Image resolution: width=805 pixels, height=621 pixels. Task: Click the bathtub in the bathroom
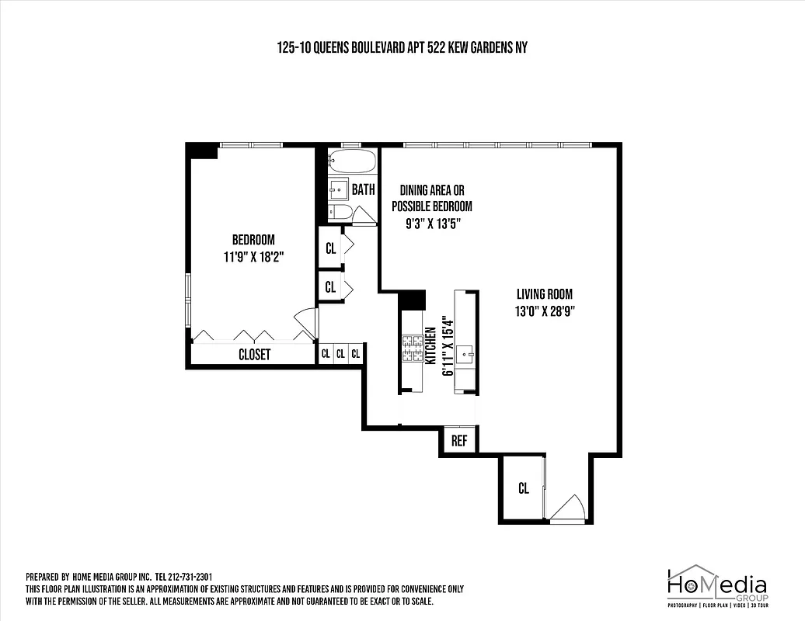click(x=352, y=162)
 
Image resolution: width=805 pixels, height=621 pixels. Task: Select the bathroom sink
click(x=338, y=189)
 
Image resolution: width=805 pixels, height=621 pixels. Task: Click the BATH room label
click(x=364, y=189)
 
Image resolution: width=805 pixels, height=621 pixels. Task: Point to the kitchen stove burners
click(x=412, y=349)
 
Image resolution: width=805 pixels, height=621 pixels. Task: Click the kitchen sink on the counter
click(x=466, y=356)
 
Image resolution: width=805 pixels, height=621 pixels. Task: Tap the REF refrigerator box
click(x=459, y=440)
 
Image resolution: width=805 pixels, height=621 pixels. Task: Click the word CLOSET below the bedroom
click(x=254, y=355)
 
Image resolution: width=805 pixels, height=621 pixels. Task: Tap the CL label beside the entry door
click(x=524, y=488)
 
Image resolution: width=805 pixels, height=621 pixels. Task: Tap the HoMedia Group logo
click(x=716, y=585)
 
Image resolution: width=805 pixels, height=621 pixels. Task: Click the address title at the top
click(x=402, y=47)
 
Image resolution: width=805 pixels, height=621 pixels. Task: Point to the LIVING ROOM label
click(x=545, y=294)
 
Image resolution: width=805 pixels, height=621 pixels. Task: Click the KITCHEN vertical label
click(x=429, y=345)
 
